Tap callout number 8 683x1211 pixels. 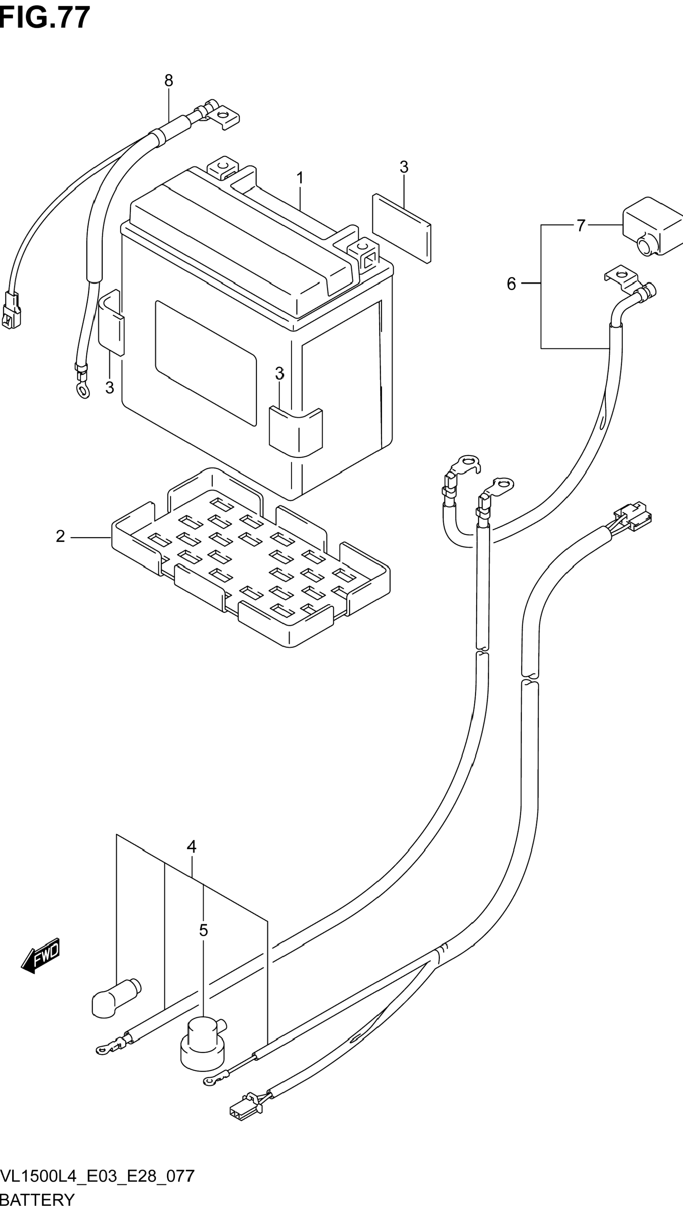(169, 81)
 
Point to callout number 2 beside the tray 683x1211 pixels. (60, 536)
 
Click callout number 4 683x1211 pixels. (191, 847)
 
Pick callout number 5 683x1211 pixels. (511, 284)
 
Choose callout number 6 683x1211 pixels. (581, 226)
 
